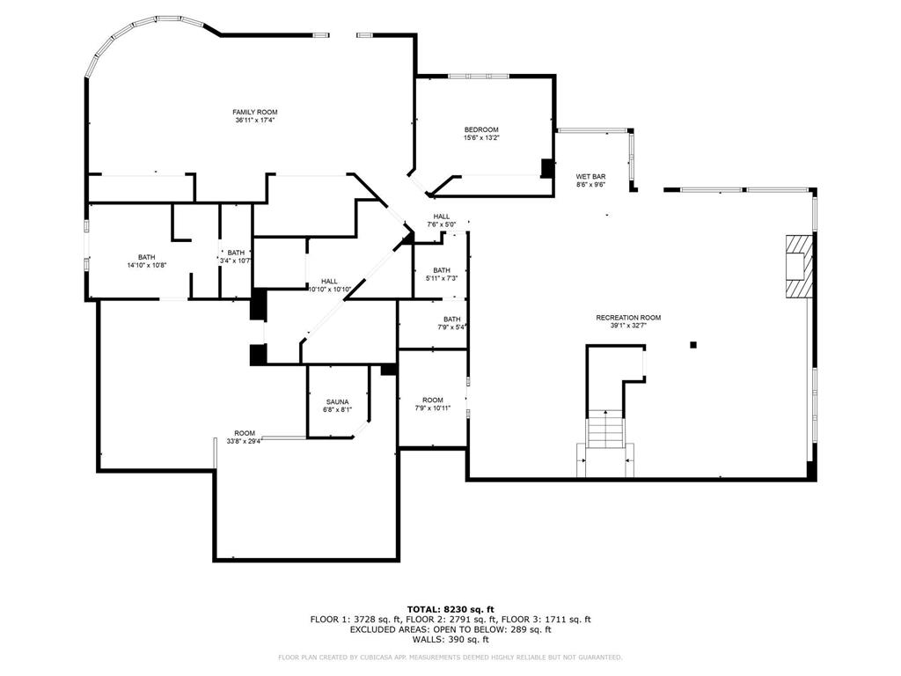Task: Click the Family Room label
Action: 254,113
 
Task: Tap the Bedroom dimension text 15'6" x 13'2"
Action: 481,137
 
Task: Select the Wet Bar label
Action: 590,177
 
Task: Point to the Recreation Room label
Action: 628,318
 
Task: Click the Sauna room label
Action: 338,402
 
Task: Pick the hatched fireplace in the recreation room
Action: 797,268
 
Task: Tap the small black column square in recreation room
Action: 693,345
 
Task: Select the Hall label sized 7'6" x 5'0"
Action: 441,217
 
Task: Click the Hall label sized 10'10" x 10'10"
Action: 329,282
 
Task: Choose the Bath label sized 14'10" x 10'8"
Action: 146,258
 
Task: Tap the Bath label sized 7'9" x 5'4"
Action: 451,320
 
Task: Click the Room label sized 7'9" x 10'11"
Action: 432,400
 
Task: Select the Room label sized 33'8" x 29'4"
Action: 245,433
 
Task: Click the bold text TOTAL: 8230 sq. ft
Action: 450,609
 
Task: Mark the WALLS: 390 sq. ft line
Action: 450,639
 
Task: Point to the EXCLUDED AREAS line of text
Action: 450,629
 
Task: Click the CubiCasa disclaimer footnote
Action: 450,658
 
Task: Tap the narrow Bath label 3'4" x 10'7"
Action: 236,253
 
